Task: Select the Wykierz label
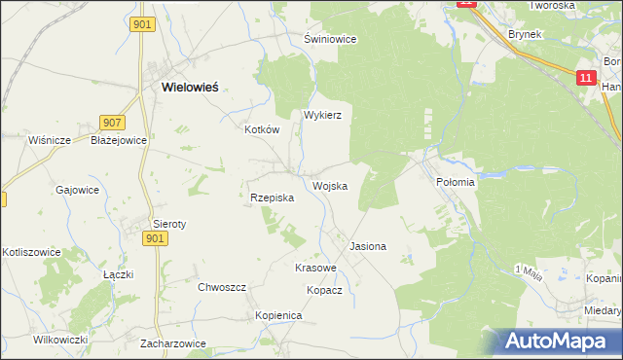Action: click(322, 114)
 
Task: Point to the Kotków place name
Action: click(262, 129)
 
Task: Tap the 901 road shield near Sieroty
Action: click(154, 238)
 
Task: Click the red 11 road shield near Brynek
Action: click(586, 78)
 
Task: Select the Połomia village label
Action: click(455, 182)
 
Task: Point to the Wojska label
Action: click(330, 186)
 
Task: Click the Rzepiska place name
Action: click(266, 198)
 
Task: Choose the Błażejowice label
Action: click(118, 140)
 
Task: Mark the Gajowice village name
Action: click(78, 190)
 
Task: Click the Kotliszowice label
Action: click(31, 252)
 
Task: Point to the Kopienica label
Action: click(279, 316)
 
